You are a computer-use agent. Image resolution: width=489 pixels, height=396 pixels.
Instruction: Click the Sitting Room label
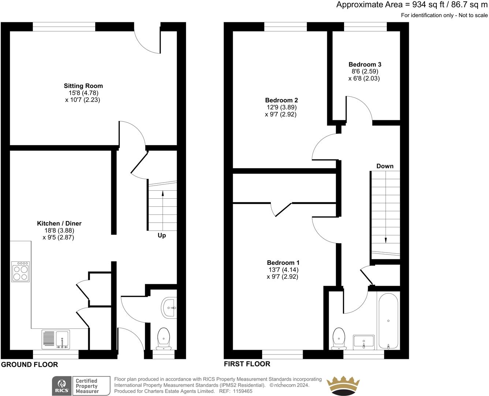coord(83,86)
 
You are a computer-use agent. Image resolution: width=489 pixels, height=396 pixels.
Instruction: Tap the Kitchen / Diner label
coord(59,223)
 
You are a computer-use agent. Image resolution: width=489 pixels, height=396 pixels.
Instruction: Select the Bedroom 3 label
coord(365,65)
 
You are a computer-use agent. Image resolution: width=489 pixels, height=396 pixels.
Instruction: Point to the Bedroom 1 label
coord(283,263)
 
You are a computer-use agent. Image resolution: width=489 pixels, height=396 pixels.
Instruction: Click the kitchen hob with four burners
coord(20,272)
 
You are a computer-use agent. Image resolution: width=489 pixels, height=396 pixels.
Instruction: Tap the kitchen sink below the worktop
coord(56,340)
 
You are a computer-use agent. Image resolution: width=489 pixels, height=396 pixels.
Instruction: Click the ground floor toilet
coord(164,338)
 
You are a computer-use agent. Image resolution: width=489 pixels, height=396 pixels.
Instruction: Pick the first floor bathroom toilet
coord(339,339)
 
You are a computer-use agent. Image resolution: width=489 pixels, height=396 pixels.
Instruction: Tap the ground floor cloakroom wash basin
coord(169,308)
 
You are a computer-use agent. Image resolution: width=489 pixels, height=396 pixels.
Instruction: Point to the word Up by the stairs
coord(162,236)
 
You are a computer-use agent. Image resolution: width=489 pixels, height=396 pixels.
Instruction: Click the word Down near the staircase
coord(385,166)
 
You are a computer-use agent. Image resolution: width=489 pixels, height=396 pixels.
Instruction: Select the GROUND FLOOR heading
coord(30,364)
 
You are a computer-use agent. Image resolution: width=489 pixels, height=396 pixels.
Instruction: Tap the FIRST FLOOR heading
coord(247,364)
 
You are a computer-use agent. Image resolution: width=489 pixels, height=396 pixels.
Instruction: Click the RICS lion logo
coord(62,386)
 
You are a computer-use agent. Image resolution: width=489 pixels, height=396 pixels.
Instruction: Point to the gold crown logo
coord(343,386)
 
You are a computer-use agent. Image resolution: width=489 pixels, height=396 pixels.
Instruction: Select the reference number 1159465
coord(243,391)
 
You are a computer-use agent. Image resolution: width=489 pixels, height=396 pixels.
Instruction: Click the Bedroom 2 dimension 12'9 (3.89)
coord(281,107)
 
